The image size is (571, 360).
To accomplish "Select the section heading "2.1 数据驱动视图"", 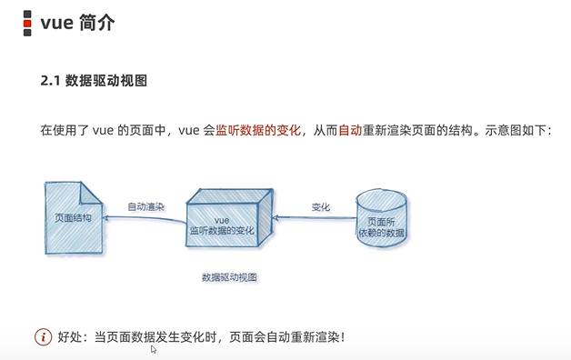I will pyautogui.click(x=94, y=81).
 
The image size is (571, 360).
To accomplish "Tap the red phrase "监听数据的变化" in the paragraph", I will pyautogui.click(x=257, y=131).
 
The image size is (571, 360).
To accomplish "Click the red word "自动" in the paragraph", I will pyautogui.click(x=350, y=131).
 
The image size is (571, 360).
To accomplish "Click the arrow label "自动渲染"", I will pyautogui.click(x=145, y=206).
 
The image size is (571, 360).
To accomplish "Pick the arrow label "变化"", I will pyautogui.click(x=320, y=206).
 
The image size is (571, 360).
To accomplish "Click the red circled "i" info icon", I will pyautogui.click(x=43, y=337).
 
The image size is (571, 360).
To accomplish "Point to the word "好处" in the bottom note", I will pyautogui.click(x=70, y=337).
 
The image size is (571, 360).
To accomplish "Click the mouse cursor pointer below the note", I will pyautogui.click(x=154, y=349).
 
